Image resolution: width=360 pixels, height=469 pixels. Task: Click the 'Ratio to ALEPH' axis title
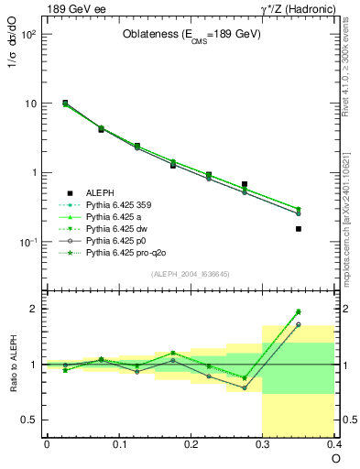(x=13, y=364)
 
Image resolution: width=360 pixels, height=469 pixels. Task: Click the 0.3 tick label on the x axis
(x=262, y=445)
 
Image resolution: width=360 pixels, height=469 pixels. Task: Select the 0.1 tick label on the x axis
(x=118, y=445)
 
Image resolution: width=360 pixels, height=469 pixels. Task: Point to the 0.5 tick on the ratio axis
(x=30, y=420)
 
